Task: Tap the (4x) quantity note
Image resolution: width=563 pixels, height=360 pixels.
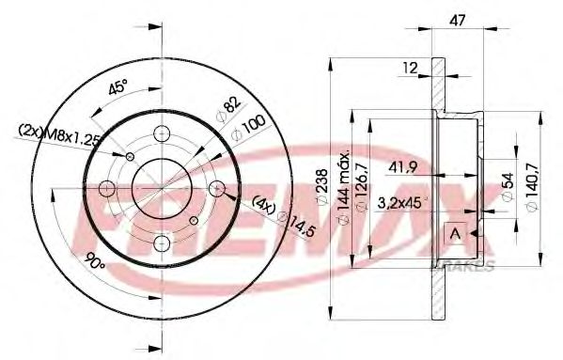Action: tap(263, 203)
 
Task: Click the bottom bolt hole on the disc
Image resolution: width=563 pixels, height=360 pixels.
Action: tap(158, 246)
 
